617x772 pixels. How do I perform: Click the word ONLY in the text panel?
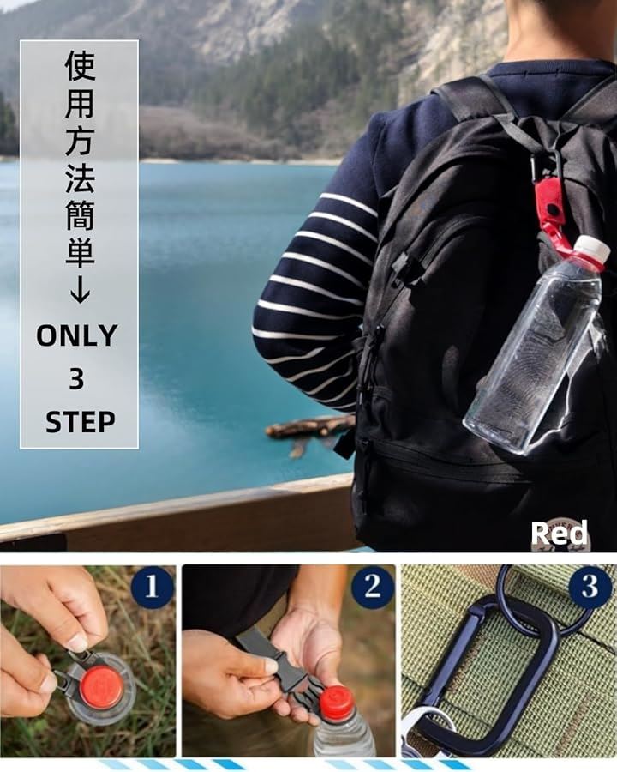pos(77,335)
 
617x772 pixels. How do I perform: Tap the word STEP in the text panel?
pos(81,422)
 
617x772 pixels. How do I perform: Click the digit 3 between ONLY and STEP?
pos(77,379)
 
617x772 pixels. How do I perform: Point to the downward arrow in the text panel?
pos(80,292)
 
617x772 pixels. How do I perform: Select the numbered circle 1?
pos(152,586)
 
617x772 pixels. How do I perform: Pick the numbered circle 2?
pos(373,586)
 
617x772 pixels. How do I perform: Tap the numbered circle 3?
pos(590,586)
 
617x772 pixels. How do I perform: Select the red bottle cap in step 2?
pos(337,699)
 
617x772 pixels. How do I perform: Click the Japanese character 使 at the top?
pos(81,65)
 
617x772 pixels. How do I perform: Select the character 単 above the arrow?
pos(80,251)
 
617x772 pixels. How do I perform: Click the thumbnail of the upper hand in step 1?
pos(77,642)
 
